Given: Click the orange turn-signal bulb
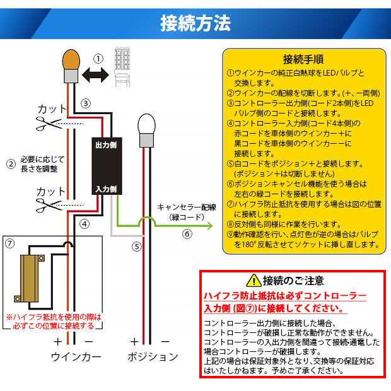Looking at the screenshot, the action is (71, 66).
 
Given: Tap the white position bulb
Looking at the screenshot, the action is (146, 131).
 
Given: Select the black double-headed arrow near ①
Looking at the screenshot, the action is (95, 75).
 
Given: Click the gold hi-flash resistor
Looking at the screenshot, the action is (30, 278).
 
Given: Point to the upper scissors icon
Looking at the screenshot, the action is (49, 124).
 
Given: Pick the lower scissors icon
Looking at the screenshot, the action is (49, 205).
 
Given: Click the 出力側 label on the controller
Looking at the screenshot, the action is (106, 145).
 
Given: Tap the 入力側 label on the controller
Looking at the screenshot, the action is (106, 189).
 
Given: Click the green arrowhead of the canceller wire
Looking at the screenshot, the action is (210, 226).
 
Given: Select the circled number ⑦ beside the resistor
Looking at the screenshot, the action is (9, 243).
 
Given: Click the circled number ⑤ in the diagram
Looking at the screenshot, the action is (137, 247).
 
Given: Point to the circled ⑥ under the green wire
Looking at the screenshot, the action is (187, 234).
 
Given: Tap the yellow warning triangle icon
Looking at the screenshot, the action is (254, 281).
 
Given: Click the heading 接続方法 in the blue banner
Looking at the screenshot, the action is (195, 23).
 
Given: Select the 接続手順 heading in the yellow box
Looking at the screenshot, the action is (303, 59).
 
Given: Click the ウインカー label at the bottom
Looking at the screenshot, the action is (76, 357).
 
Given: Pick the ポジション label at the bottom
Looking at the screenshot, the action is (153, 357).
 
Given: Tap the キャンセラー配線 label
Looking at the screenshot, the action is (187, 207).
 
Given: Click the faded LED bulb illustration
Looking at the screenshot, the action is (122, 67).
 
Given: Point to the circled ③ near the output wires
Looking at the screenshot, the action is (86, 103).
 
